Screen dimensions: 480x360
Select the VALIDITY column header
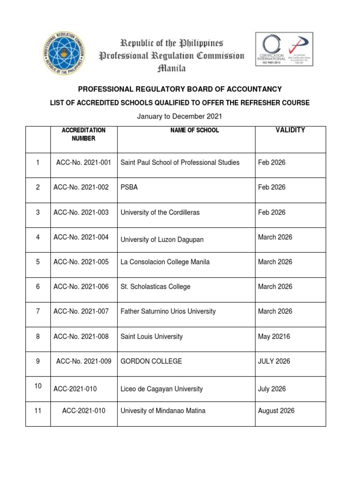tap(290, 130)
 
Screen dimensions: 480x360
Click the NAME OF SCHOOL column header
tap(195, 130)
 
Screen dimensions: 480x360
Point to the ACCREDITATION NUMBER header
tap(83, 134)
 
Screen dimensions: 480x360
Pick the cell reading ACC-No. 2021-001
tap(82, 163)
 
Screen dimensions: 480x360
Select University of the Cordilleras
tap(160, 212)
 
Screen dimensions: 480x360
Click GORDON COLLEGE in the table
tap(151, 361)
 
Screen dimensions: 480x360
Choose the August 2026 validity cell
tap(276, 411)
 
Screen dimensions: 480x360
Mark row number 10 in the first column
tap(38, 386)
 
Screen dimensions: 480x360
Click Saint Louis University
tap(151, 337)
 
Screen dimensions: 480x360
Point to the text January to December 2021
tap(180, 116)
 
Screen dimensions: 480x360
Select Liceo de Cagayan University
tap(162, 389)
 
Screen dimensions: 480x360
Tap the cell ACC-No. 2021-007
tap(82, 311)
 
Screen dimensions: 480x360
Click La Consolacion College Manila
tap(165, 262)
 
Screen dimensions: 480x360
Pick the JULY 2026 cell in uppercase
tap(274, 361)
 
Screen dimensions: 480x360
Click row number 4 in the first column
tap(38, 237)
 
